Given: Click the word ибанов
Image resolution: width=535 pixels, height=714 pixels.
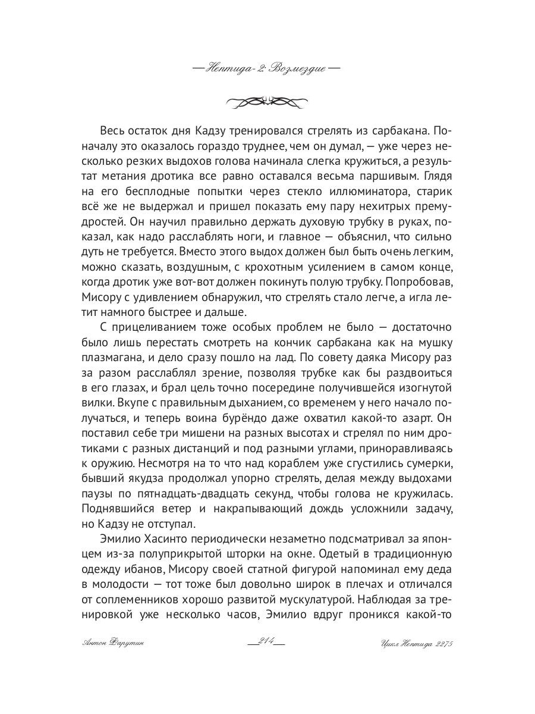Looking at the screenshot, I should pyautogui.click(x=141, y=570).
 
